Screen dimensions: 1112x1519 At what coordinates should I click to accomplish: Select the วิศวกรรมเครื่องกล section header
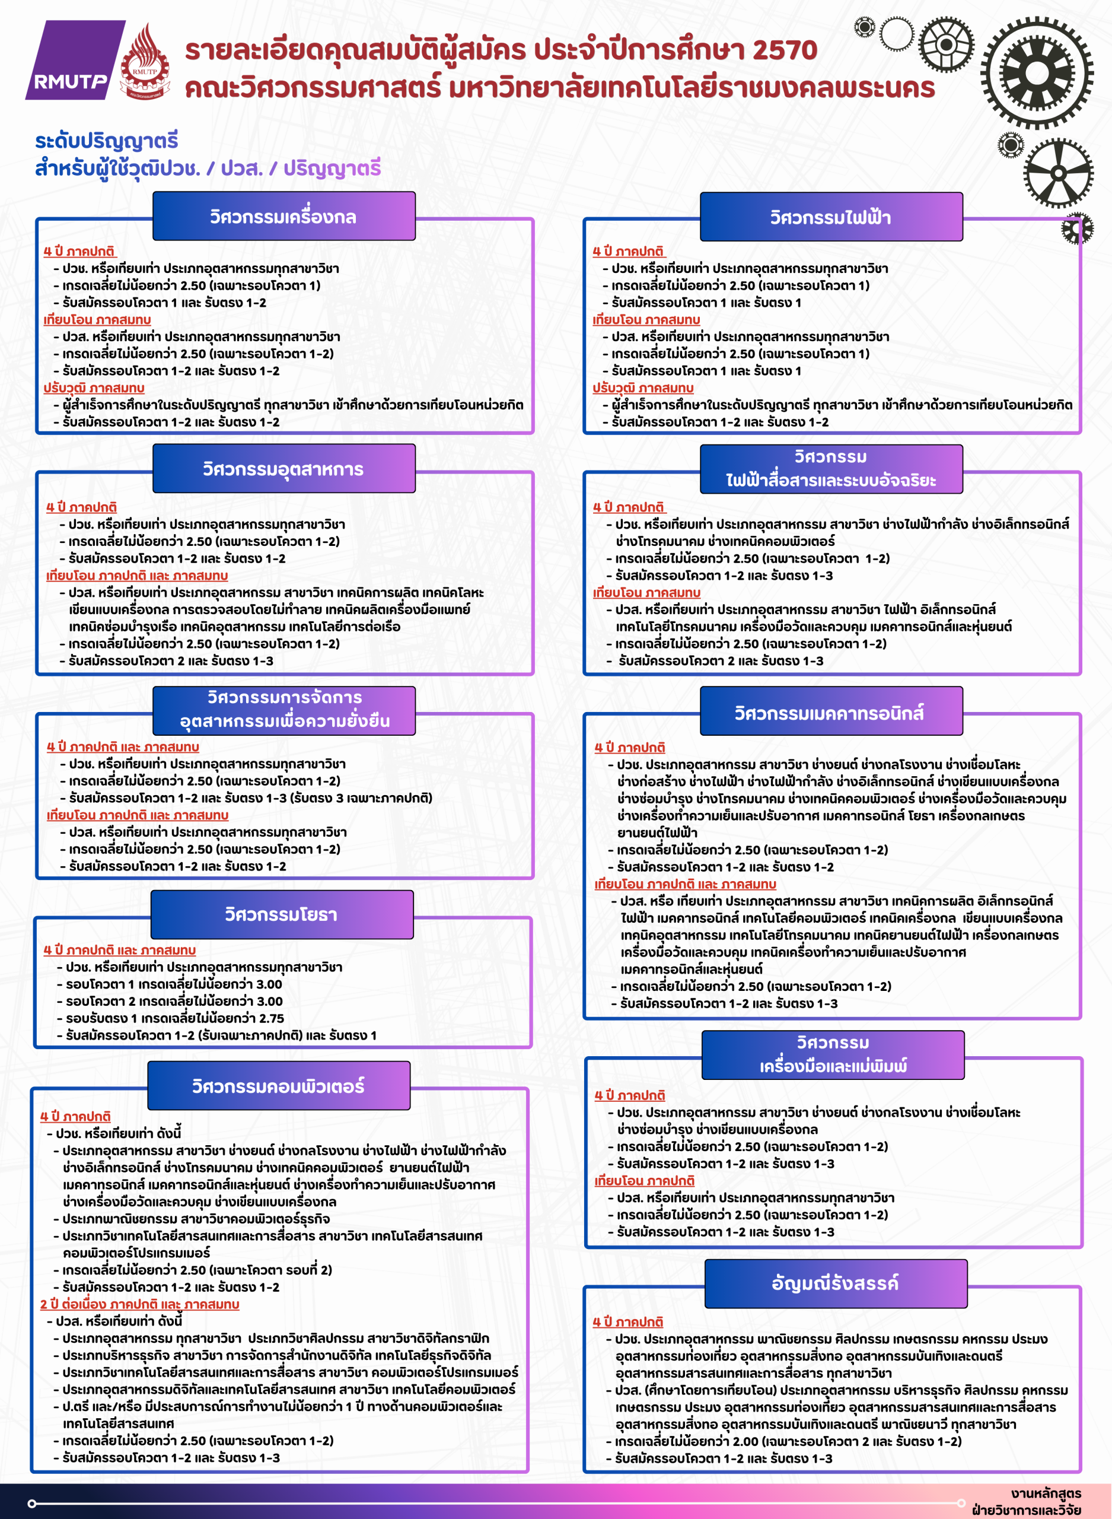tap(283, 216)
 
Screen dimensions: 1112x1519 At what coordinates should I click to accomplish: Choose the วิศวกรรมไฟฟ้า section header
tap(831, 217)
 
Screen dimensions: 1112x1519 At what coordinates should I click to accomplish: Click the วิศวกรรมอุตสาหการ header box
tap(283, 469)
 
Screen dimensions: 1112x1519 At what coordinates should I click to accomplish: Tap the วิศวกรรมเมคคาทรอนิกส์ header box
tap(831, 711)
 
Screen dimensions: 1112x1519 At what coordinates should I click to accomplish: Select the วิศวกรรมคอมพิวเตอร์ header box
tap(279, 1085)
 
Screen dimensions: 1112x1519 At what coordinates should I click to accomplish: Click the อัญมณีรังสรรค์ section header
tap(836, 1283)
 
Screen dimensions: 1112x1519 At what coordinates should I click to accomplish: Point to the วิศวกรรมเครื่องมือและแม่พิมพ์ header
tap(833, 1054)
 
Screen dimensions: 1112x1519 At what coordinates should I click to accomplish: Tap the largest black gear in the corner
tap(1037, 73)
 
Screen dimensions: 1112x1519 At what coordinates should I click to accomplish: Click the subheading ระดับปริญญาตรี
tap(106, 141)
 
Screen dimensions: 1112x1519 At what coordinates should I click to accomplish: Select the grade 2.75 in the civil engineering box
tap(269, 1018)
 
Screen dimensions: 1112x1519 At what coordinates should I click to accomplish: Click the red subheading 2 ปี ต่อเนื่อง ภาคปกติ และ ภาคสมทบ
tap(139, 1304)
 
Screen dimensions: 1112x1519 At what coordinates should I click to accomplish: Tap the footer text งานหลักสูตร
tap(1046, 1493)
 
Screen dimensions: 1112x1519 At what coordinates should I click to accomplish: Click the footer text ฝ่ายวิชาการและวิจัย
tap(1027, 1510)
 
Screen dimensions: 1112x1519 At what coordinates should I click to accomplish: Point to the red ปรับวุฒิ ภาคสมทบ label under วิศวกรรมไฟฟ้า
tap(643, 388)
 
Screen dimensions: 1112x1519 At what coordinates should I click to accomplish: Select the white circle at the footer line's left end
tap(31, 1504)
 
